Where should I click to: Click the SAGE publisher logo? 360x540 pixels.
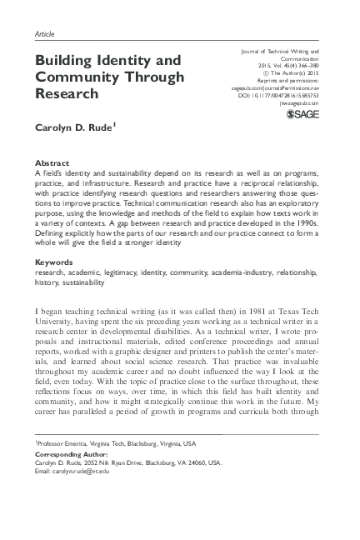coord(302,114)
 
